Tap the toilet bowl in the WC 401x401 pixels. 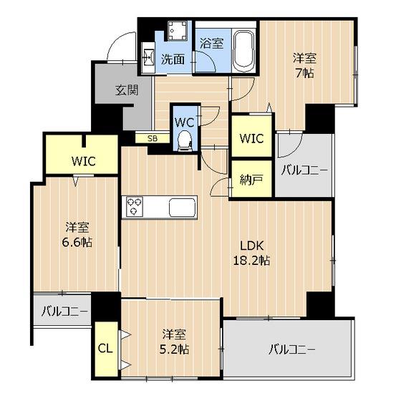[x=184, y=140]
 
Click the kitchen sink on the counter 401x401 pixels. [x=183, y=207]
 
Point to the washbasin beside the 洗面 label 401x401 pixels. [x=148, y=57]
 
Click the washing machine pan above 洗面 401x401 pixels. [x=178, y=30]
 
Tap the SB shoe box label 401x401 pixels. [x=153, y=139]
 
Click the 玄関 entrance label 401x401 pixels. [x=127, y=90]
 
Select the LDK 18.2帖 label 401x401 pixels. [x=251, y=253]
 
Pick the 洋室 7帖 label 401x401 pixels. [x=304, y=65]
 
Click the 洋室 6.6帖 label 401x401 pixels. [x=77, y=235]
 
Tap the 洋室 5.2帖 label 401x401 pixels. [x=174, y=342]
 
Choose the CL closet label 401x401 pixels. [x=105, y=348]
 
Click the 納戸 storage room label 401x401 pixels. [x=251, y=180]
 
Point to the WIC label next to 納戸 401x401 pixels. [x=251, y=138]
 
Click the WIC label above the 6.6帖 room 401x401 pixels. [x=84, y=161]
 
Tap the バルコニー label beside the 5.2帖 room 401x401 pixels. [x=292, y=349]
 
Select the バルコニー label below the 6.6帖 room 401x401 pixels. [x=64, y=311]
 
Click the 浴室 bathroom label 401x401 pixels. [x=211, y=43]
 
